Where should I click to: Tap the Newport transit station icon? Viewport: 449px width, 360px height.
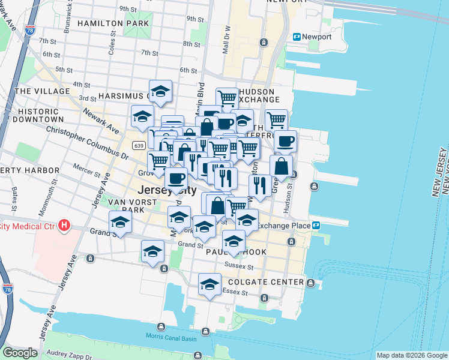297,37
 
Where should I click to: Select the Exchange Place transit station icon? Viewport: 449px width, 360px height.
315,226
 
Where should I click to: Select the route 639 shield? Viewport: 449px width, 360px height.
139,146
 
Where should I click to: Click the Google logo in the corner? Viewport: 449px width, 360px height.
20,353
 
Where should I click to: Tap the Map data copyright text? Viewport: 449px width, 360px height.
412,355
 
